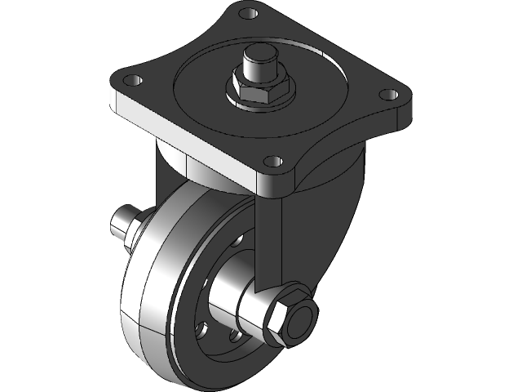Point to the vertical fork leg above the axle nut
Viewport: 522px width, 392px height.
pyautogui.click(x=269, y=237)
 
